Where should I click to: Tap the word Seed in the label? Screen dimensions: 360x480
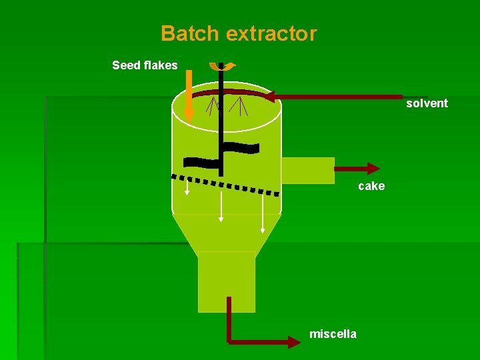click(126, 65)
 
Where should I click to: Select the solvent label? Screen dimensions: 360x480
click(427, 103)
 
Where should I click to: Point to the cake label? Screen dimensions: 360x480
click(371, 186)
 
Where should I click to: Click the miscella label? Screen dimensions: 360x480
click(333, 334)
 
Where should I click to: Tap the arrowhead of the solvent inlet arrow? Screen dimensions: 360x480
click(271, 96)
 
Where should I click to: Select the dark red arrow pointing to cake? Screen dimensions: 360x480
click(357, 169)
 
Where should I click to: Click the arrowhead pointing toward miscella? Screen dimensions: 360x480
click(294, 342)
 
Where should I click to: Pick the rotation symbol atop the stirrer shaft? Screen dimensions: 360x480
click(221, 66)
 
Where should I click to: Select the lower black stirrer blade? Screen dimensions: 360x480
click(201, 161)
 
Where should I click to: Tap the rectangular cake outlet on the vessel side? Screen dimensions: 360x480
click(307, 170)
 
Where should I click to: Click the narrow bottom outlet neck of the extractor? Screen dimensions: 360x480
click(227, 281)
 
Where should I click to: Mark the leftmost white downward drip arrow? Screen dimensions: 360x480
click(187, 188)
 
